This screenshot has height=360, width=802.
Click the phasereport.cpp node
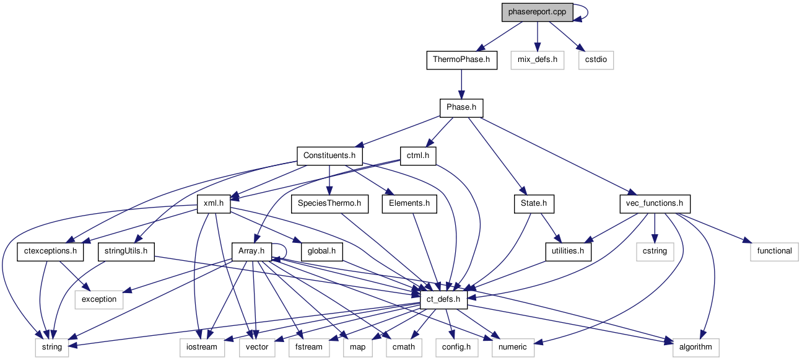[x=537, y=12]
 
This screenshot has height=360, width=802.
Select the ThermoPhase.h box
[x=461, y=60]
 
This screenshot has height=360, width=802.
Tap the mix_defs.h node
[x=538, y=60]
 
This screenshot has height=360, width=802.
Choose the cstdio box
[x=596, y=60]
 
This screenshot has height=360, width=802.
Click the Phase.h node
[x=461, y=108]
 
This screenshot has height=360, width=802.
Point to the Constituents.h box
[x=329, y=156]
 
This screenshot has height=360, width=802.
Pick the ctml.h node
[x=418, y=156]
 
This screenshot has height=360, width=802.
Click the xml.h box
[x=214, y=203]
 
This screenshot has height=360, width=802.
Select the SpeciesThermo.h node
[x=329, y=203]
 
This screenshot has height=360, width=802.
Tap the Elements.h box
[x=409, y=203]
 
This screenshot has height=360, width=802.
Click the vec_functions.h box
[x=655, y=203]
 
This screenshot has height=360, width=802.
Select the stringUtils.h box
[x=126, y=251]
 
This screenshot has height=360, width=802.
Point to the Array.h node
[x=251, y=251]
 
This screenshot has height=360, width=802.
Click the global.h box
[x=322, y=251]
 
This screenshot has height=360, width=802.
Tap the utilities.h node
[x=568, y=251]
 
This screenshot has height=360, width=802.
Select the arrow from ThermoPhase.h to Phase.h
[x=461, y=84]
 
